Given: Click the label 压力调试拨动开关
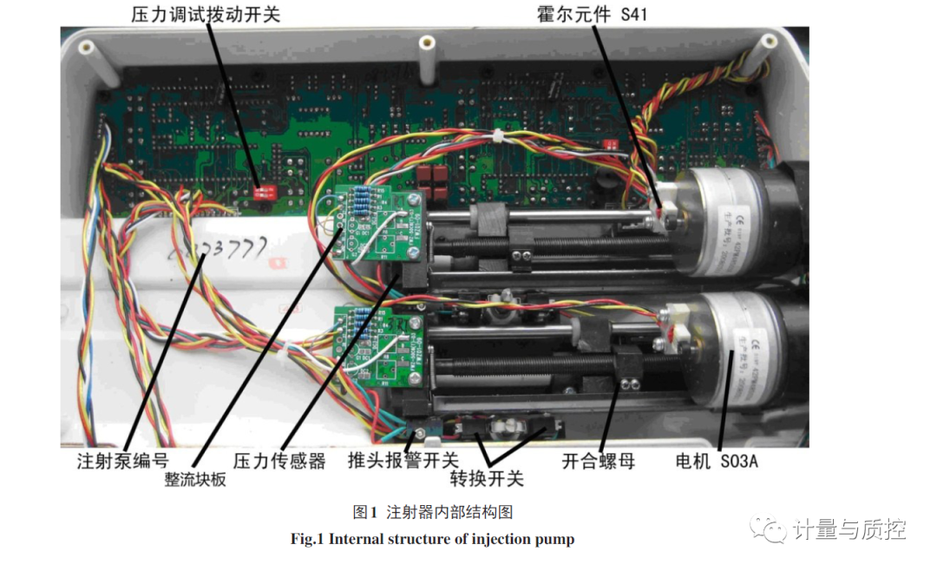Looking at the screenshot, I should (206, 14).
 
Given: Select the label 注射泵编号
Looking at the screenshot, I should (122, 461).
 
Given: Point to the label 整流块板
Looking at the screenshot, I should (195, 479).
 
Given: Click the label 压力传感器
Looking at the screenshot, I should (278, 461).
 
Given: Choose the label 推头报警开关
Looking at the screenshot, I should (403, 460).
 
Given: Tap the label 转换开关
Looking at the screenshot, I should (486, 479).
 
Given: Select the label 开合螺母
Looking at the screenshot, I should (598, 461).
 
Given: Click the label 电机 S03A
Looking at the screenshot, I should (717, 461).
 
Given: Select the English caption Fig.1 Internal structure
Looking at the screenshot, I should (432, 539).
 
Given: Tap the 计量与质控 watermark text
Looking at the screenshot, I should (849, 528).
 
